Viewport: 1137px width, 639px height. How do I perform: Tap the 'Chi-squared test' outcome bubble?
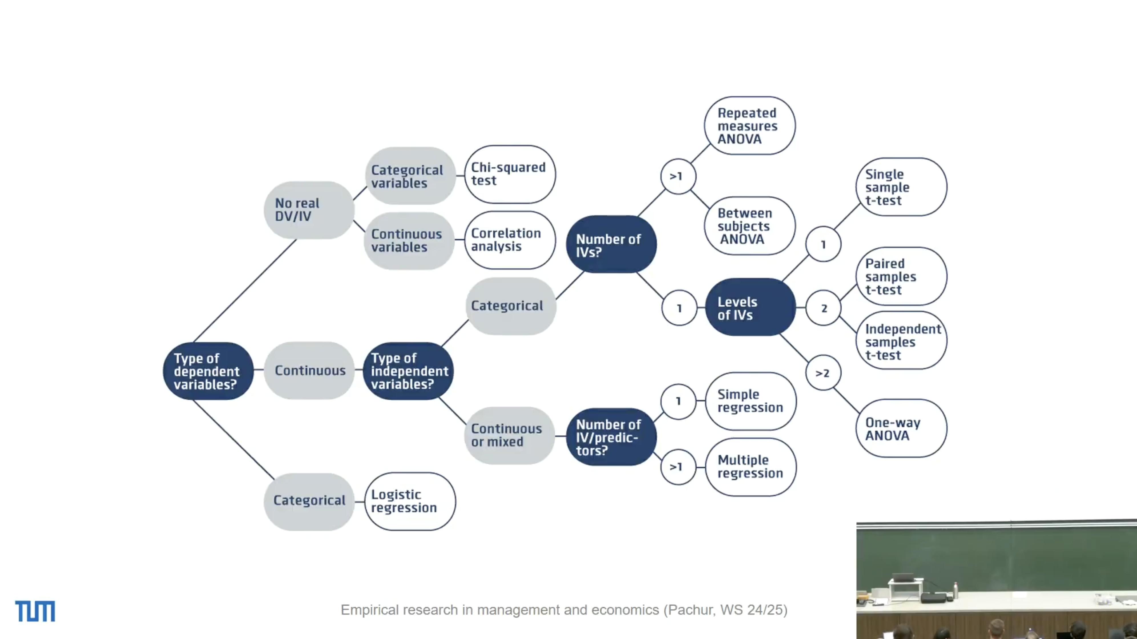coord(510,174)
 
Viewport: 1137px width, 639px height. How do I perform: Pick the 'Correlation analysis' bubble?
coord(510,240)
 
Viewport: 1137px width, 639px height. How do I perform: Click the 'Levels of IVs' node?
coord(750,308)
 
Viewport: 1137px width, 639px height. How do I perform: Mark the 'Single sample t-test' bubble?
coord(901,187)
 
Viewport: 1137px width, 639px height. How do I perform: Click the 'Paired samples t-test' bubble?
coord(901,277)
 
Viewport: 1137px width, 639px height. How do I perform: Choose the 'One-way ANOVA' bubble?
coord(901,428)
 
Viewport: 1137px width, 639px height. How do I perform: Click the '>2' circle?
coord(823,373)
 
